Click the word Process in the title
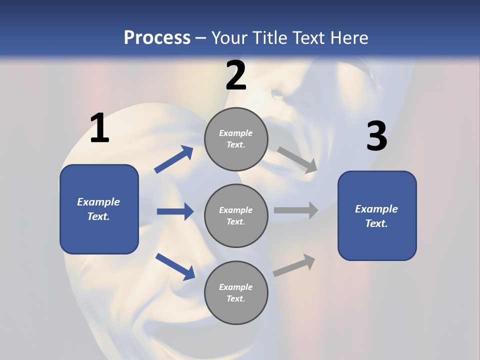click(x=157, y=37)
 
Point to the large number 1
click(x=99, y=128)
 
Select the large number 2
click(x=236, y=75)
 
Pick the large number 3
click(x=376, y=136)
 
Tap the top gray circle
click(x=236, y=139)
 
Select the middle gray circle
click(x=236, y=215)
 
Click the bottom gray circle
click(x=236, y=292)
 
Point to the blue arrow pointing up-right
click(x=174, y=159)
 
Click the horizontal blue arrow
click(x=175, y=211)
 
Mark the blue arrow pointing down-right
click(x=175, y=266)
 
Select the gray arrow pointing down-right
click(x=297, y=159)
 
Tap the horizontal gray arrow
click(x=296, y=210)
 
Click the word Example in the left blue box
click(x=98, y=202)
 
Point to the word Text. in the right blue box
click(x=376, y=223)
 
